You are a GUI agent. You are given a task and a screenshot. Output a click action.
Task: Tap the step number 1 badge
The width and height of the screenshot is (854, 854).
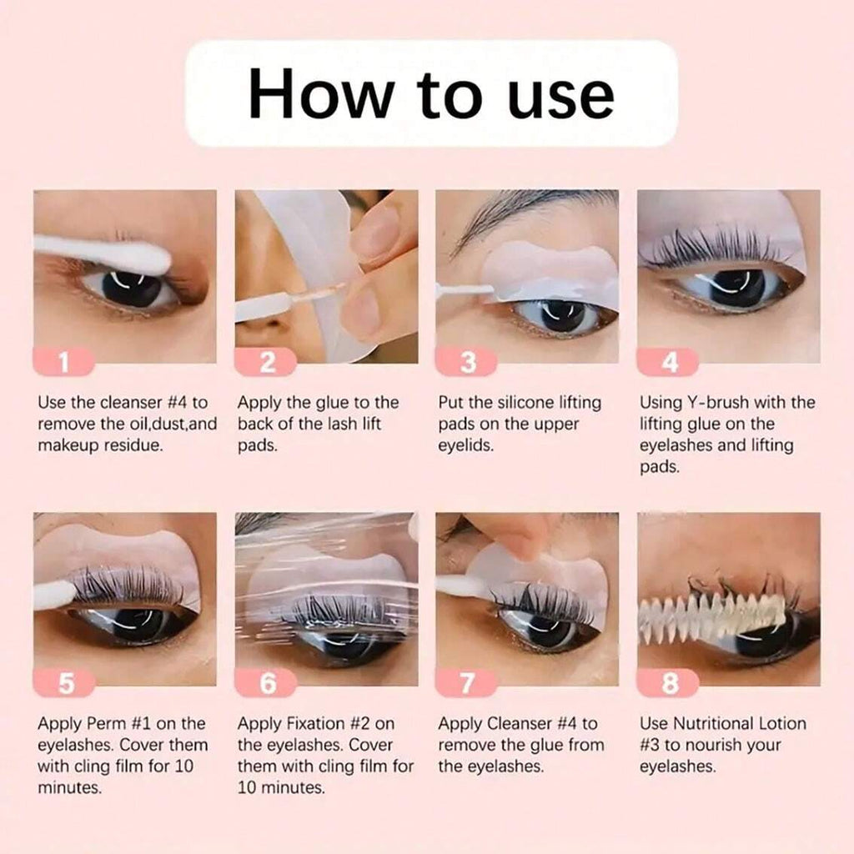click(x=64, y=362)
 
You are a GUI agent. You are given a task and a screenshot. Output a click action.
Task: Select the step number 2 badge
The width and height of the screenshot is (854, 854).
click(x=265, y=362)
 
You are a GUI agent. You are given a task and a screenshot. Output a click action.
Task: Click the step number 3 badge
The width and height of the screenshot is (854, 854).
click(x=467, y=362)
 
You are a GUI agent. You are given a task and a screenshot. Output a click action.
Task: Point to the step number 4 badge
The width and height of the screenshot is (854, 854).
click(x=669, y=362)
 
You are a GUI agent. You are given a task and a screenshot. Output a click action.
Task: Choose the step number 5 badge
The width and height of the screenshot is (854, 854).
click(x=64, y=684)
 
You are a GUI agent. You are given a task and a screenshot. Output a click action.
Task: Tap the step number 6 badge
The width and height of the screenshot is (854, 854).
click(x=265, y=684)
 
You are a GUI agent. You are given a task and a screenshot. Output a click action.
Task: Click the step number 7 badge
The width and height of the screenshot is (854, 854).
click(x=467, y=684)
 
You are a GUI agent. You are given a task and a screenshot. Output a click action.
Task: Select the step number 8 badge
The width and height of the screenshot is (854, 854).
click(x=669, y=684)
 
